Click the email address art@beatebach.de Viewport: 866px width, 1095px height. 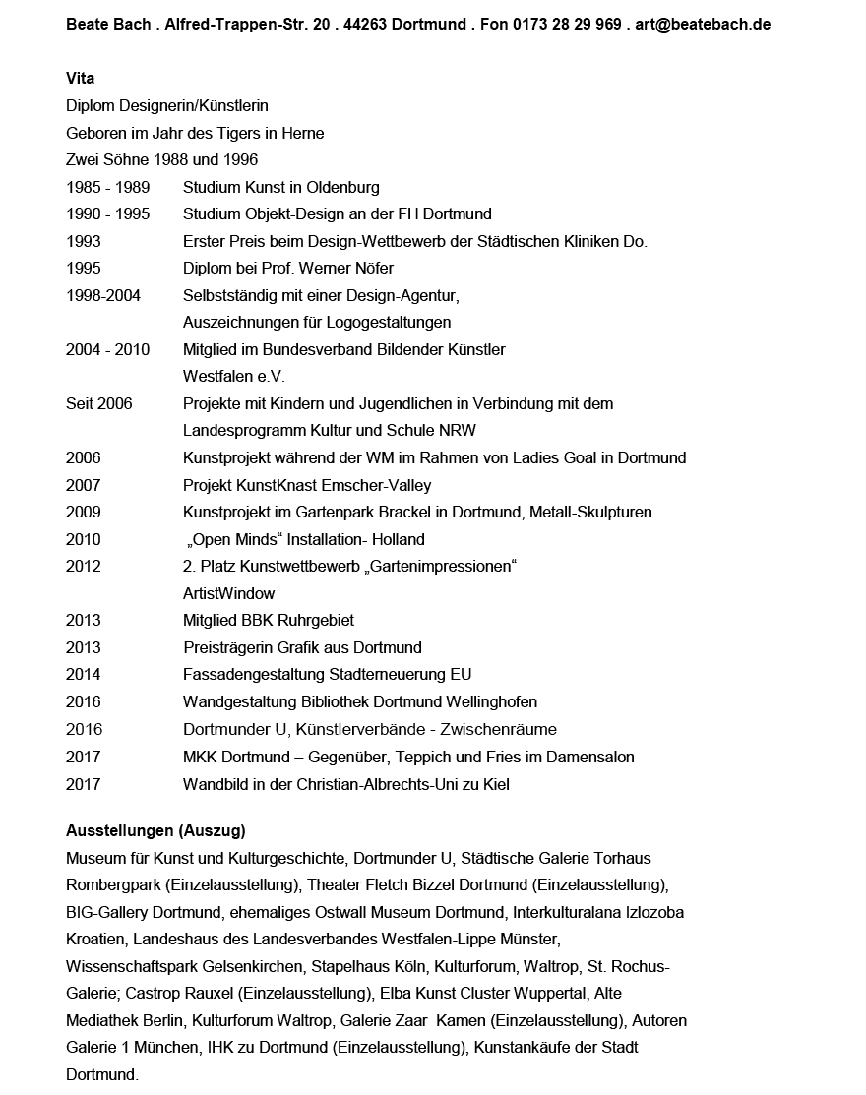click(x=704, y=25)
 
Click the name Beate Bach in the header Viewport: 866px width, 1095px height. click(x=105, y=25)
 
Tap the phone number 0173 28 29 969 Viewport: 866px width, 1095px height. click(x=567, y=25)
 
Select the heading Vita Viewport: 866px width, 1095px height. click(x=81, y=79)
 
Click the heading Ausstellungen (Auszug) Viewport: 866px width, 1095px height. click(x=155, y=831)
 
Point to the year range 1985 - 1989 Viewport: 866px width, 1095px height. click(x=108, y=187)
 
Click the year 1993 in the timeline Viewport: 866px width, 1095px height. click(x=84, y=241)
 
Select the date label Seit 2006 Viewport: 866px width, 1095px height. click(x=98, y=403)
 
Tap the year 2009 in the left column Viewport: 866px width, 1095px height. click(x=84, y=512)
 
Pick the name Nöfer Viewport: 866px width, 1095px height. click(x=372, y=268)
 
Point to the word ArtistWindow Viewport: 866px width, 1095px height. click(x=229, y=593)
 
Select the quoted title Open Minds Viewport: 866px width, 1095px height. click(x=236, y=539)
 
